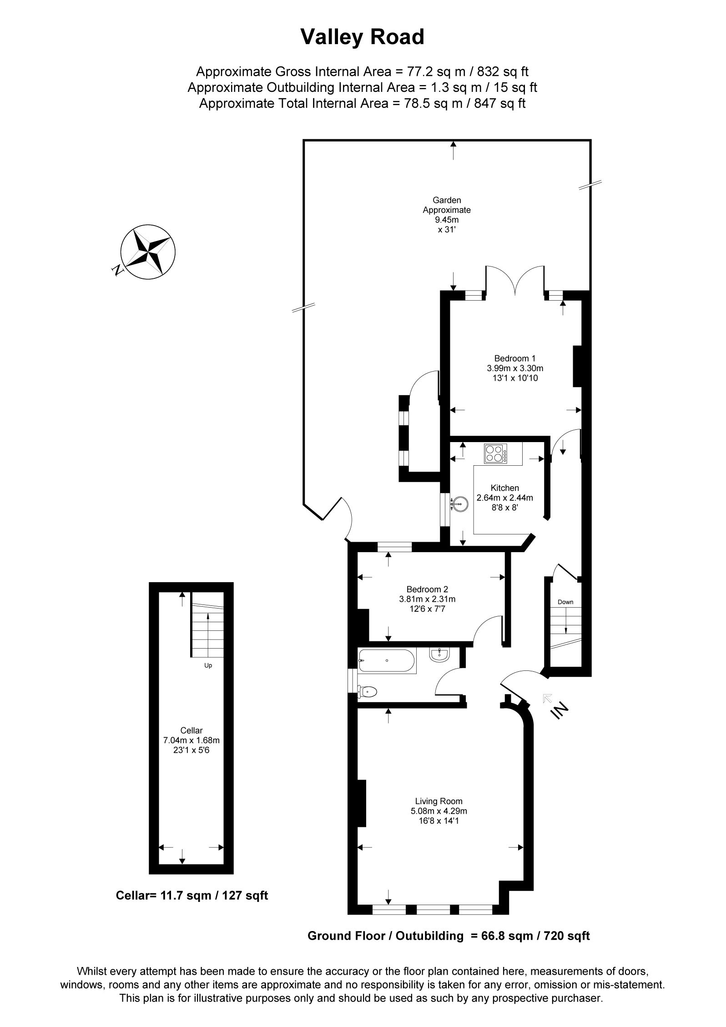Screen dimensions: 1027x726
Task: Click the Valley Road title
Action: coord(362,37)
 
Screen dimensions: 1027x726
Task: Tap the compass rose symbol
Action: coord(148,252)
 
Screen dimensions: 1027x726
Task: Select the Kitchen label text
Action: coord(504,488)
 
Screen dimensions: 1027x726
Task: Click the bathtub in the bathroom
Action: coord(387,661)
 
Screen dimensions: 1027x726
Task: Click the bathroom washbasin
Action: coord(439,655)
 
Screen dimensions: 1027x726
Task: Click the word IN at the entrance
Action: coord(560,710)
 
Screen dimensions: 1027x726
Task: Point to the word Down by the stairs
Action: coord(565,602)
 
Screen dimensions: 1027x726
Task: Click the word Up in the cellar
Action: coord(208,665)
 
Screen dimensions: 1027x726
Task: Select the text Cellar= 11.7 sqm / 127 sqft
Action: coord(192,896)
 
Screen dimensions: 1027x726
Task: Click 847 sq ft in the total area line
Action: coord(499,103)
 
